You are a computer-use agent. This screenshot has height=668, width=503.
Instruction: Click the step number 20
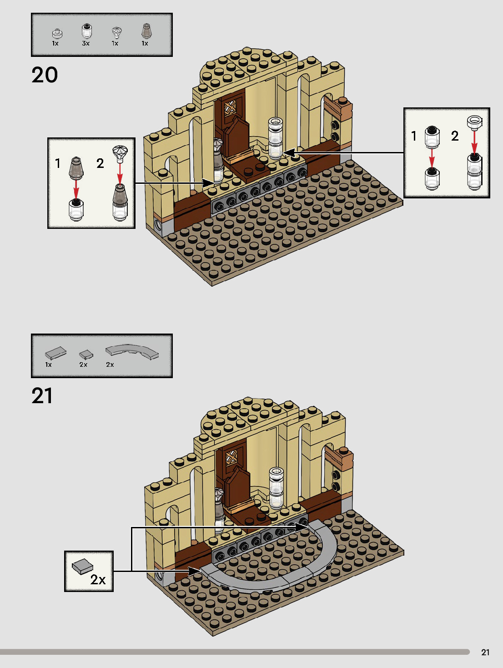click(45, 75)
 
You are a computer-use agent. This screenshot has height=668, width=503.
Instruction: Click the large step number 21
click(42, 396)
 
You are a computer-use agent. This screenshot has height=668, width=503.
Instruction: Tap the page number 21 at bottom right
click(485, 652)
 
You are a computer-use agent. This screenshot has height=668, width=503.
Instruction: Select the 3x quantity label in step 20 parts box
click(86, 44)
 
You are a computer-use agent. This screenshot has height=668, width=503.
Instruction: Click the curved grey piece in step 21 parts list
click(132, 351)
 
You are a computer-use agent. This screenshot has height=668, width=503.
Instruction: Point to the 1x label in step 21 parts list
click(48, 365)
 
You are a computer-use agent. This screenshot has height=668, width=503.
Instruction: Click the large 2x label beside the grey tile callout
click(98, 579)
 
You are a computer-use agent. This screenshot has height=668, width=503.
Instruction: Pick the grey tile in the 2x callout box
click(82, 566)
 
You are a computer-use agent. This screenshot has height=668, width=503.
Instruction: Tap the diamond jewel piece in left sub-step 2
click(120, 152)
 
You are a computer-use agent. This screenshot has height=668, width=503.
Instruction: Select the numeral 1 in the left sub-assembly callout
click(58, 163)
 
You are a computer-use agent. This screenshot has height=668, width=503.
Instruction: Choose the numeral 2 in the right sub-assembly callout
click(455, 136)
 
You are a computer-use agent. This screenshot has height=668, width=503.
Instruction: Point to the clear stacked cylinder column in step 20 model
click(276, 138)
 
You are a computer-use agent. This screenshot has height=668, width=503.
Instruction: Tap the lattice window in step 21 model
click(231, 457)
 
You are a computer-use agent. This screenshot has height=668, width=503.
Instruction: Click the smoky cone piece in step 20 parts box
click(146, 31)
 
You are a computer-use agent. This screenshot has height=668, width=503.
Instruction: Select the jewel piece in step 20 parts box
click(117, 32)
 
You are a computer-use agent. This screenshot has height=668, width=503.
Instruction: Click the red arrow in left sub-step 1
click(76, 188)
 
